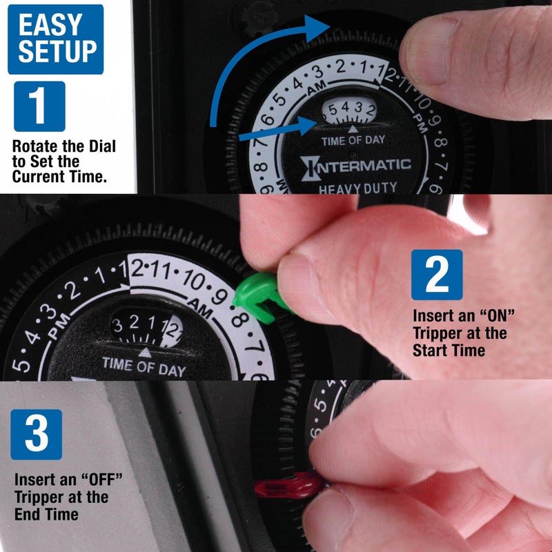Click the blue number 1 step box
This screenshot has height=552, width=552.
39,106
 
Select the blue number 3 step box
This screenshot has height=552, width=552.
36,435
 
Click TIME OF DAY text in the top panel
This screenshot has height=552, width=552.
353,140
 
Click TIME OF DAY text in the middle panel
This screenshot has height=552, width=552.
144,365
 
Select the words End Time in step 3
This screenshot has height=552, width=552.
46,514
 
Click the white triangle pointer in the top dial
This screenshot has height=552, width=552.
353,128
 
